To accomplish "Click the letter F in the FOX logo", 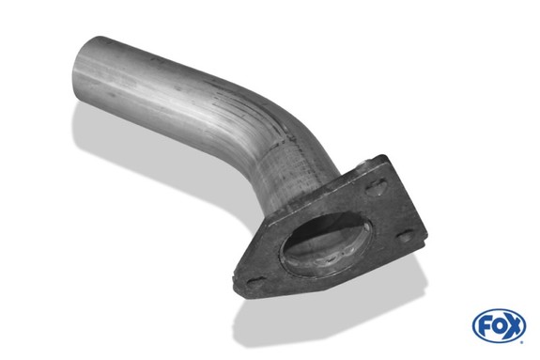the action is click(484, 326).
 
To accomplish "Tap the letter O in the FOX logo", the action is click(498, 326).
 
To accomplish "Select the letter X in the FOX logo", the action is click(513, 326).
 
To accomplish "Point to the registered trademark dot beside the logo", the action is click(522, 342).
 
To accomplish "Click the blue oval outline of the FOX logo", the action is click(499, 310).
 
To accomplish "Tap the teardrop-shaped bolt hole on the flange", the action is click(377, 188).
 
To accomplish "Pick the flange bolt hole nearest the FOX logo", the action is click(406, 237).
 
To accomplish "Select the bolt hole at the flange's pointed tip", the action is click(255, 282).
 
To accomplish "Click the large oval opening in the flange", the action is click(326, 244).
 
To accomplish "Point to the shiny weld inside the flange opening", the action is click(331, 258).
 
